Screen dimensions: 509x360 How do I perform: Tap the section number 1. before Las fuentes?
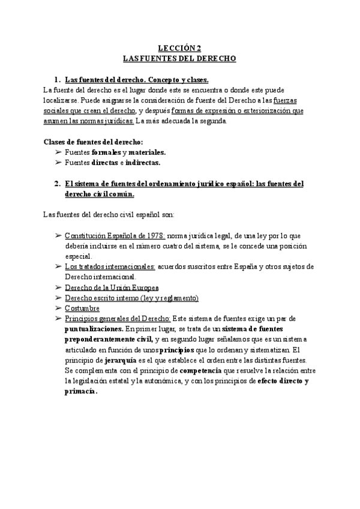coord(58,79)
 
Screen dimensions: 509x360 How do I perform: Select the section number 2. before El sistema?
coord(58,184)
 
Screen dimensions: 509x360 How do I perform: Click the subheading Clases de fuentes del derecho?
coord(94,142)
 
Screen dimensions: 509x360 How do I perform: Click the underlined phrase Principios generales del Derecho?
coord(118,319)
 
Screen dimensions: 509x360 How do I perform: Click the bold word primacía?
coord(79,391)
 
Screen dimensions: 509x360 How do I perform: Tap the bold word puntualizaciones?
coord(93,330)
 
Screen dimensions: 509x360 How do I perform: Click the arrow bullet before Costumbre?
coord(58,309)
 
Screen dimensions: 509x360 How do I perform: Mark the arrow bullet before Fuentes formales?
coord(58,152)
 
